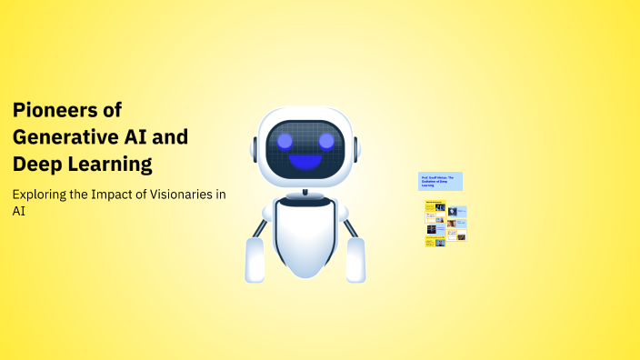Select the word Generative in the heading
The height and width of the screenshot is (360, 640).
tap(63, 138)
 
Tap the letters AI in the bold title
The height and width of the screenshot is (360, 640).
tap(133, 138)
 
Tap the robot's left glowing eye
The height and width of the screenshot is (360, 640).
tap(285, 141)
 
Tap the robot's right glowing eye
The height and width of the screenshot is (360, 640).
tap(325, 141)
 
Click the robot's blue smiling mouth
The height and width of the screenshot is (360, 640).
tap(305, 162)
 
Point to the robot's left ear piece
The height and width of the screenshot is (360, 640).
tap(254, 147)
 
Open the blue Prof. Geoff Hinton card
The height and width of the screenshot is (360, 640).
tap(440, 181)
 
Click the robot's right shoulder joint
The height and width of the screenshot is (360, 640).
tap(343, 212)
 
